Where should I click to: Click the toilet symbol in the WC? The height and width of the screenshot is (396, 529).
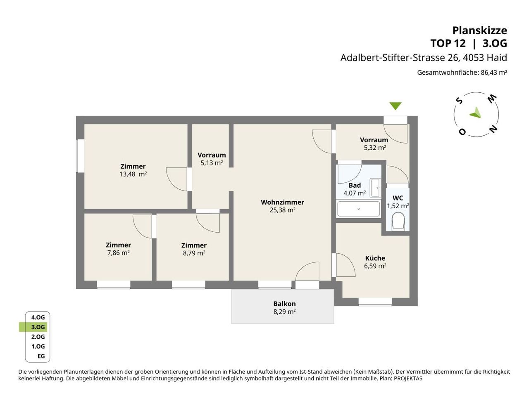tap(398, 220)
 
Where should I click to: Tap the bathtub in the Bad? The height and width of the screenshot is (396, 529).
tap(358, 209)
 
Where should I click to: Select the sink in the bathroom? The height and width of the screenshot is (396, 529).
tap(375, 188)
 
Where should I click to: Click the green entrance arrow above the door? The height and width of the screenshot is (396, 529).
tap(396, 106)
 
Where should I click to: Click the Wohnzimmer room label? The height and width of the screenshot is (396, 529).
tap(282, 202)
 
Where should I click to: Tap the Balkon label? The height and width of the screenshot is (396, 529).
tap(284, 304)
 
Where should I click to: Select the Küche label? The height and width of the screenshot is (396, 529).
tap(375, 258)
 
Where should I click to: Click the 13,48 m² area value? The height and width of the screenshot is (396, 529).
tap(133, 174)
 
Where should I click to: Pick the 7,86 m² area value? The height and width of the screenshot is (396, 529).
tap(118, 253)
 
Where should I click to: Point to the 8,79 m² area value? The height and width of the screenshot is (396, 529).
tap(194, 253)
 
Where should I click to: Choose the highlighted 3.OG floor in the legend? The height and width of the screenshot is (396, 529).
tap(38, 327)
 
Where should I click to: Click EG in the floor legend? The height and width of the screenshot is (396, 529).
tap(41, 356)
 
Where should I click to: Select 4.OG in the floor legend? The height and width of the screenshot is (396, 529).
tap(38, 317)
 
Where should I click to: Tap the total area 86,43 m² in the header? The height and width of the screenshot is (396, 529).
tap(494, 72)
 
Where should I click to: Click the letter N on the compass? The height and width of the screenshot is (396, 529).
tap(493, 129)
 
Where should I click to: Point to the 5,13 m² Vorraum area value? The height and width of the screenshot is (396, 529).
tap(212, 163)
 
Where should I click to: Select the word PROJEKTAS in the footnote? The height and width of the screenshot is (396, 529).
tap(408, 378)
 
